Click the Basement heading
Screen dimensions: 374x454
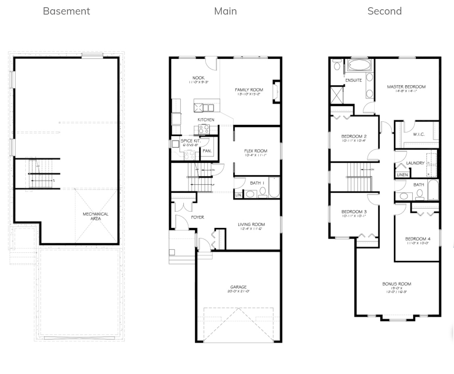[66, 11]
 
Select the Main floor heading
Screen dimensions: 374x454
[225, 11]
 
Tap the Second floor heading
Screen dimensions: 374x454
[384, 11]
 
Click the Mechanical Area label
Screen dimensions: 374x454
[96, 216]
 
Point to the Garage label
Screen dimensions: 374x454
[238, 287]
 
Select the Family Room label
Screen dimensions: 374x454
[249, 90]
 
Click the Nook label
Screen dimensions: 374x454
[198, 78]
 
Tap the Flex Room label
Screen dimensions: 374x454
[255, 151]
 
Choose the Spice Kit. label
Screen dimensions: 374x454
[190, 141]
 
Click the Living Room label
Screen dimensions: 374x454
[251, 225]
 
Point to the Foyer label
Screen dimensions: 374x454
[198, 217]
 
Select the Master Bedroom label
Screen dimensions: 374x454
[406, 87]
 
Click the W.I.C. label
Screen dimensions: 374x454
[418, 134]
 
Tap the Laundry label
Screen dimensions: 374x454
[415, 163]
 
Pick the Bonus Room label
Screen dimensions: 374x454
[397, 284]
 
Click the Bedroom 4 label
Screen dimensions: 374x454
[418, 239]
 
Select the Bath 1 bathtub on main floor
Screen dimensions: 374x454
[274, 187]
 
